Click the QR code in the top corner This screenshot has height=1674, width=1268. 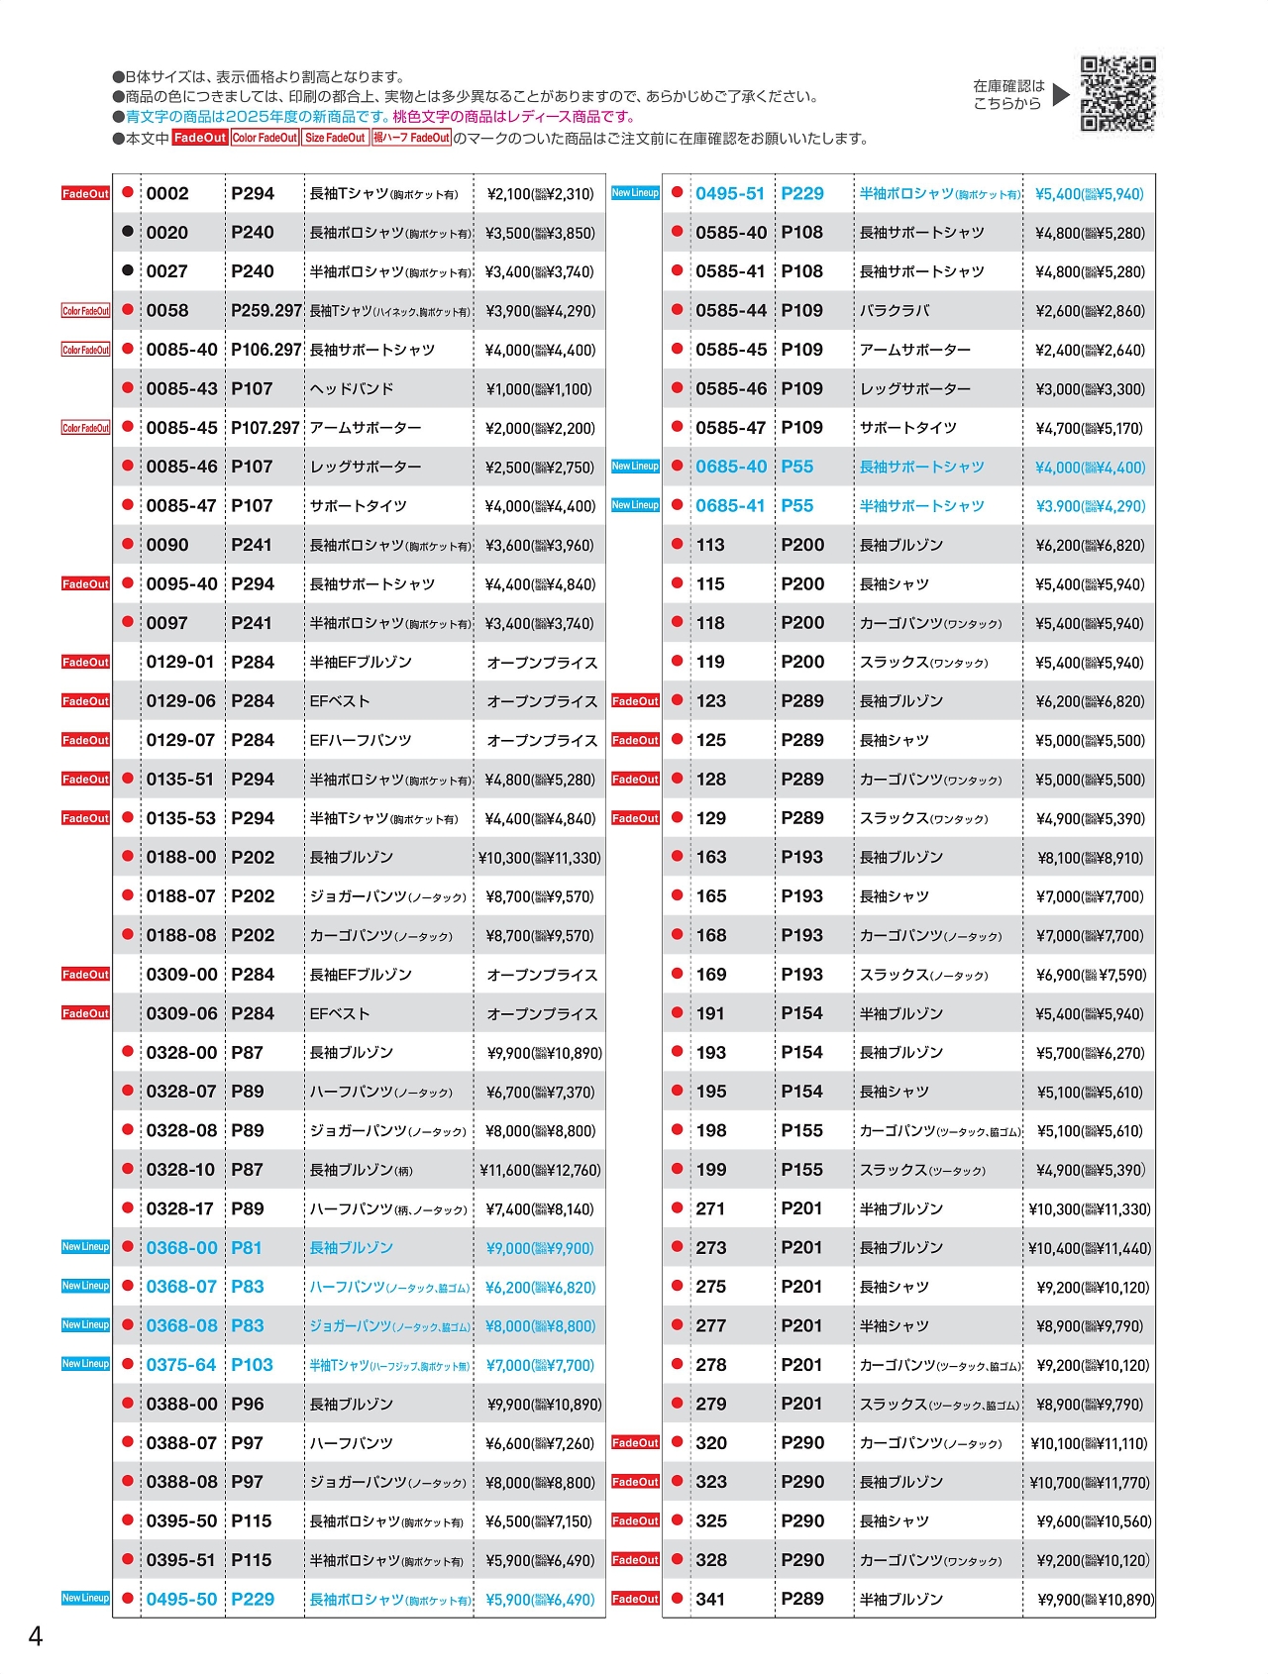(x=1117, y=94)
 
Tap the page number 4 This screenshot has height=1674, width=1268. (x=35, y=1636)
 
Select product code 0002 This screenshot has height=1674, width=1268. (x=167, y=194)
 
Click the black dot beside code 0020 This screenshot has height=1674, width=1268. (x=128, y=232)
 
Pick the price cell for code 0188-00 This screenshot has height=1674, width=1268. (x=539, y=858)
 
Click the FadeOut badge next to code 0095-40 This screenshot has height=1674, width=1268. (x=86, y=584)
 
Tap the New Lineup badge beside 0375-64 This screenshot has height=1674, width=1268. (x=86, y=1364)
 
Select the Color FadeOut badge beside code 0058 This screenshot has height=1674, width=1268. (x=86, y=311)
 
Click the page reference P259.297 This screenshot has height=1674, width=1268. (x=265, y=311)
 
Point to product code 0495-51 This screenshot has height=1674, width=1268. (x=730, y=194)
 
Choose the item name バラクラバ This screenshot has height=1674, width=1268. (x=895, y=311)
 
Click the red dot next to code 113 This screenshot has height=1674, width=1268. (x=678, y=544)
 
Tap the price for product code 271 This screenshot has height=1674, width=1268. (x=1090, y=1209)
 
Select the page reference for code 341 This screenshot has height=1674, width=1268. (x=802, y=1600)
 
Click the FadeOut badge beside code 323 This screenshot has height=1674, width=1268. (x=635, y=1482)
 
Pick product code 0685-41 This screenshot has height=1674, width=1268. (x=730, y=506)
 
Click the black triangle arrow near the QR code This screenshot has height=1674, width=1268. (x=1061, y=95)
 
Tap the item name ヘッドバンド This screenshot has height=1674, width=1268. (x=352, y=389)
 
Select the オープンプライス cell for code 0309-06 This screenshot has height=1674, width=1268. (x=542, y=1014)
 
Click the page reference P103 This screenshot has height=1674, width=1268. (x=252, y=1365)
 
